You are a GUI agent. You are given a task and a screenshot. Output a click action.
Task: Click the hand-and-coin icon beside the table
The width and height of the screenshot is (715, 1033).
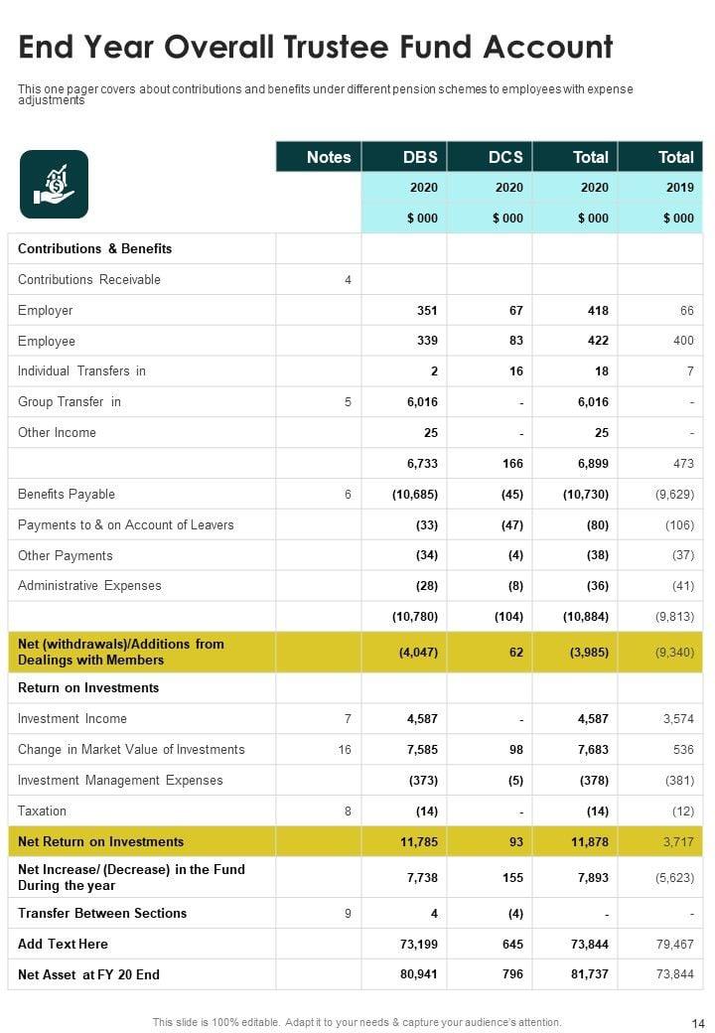54,184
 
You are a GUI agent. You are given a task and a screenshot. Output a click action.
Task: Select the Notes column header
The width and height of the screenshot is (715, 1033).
329,157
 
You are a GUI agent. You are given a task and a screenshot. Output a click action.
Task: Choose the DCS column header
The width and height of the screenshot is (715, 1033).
505,157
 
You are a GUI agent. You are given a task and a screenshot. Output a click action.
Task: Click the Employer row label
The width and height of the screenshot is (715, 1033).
46,310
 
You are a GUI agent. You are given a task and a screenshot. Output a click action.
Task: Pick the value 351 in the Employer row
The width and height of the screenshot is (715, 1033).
427,311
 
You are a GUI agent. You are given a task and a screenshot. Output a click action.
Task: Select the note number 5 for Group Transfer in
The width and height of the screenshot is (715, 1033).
348,402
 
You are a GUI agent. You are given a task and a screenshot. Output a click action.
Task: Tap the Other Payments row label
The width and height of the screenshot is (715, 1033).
66,555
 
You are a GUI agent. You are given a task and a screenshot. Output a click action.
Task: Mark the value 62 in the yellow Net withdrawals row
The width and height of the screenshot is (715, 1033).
515,653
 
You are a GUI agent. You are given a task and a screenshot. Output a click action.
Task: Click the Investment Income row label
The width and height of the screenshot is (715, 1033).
72,718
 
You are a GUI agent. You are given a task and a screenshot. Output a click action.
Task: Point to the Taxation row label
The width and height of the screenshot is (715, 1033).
43,811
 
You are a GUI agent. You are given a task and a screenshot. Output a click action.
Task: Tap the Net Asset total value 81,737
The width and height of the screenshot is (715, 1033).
591,974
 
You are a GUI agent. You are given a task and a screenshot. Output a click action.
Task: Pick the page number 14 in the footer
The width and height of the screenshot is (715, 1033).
696,1022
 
